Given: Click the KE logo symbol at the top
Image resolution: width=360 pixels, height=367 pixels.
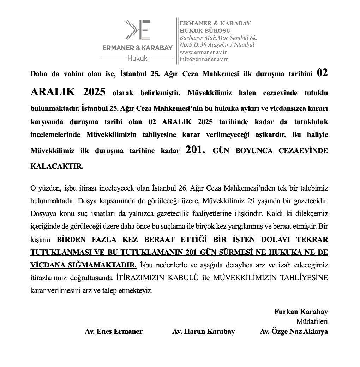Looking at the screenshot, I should (x=138, y=30).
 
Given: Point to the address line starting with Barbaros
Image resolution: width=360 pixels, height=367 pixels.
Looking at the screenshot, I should (x=218, y=37).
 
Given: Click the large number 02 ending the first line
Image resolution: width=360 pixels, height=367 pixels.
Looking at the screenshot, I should (x=322, y=73).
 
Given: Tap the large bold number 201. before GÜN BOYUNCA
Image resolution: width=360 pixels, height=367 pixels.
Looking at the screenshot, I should (x=195, y=150).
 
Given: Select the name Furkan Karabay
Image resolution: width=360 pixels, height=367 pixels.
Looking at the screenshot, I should (x=301, y=312).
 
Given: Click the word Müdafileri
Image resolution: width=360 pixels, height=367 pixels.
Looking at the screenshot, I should (x=312, y=321).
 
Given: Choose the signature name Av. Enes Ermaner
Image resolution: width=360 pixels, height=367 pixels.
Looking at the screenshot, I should (x=114, y=331).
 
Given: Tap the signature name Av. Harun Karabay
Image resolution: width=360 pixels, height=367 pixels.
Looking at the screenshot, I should (x=204, y=331).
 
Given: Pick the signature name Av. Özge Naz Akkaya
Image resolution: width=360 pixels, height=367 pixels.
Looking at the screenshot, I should (x=294, y=331).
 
